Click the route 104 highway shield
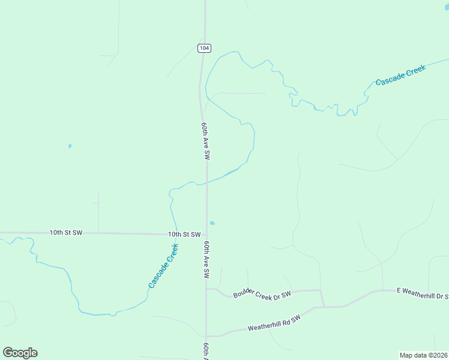pos(205,48)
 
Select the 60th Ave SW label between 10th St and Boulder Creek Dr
pos(206,260)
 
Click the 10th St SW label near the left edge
pos(66,232)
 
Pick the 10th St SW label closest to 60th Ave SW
pos(184,235)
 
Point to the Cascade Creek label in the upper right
pos(400,75)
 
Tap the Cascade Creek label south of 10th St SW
pos(163,265)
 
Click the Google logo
pos(20,353)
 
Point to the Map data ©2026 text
pos(424,355)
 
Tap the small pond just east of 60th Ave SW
pos(212,223)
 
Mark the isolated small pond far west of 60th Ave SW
pos(70,146)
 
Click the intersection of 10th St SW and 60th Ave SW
pos(206,235)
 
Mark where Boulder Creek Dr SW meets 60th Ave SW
pos(206,289)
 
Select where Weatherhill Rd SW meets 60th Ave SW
pos(206,336)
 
